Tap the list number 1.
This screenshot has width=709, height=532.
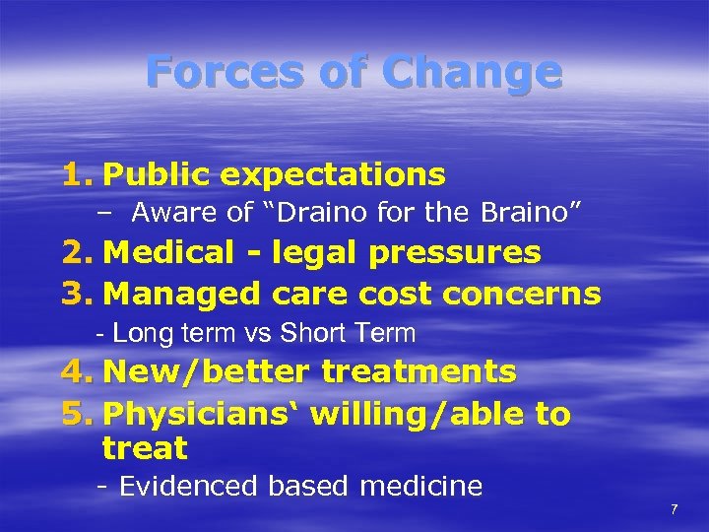click(76, 174)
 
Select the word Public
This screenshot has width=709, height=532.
click(156, 174)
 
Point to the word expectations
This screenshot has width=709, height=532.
click(333, 175)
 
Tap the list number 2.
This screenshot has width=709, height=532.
click(76, 253)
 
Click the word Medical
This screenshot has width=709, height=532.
click(164, 253)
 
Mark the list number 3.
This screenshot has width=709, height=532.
click(76, 294)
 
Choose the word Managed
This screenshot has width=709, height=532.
click(171, 294)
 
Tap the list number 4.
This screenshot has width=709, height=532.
click(76, 371)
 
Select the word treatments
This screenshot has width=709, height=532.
click(419, 371)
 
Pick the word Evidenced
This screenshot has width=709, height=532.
click(188, 486)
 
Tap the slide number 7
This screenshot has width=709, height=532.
click(675, 509)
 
